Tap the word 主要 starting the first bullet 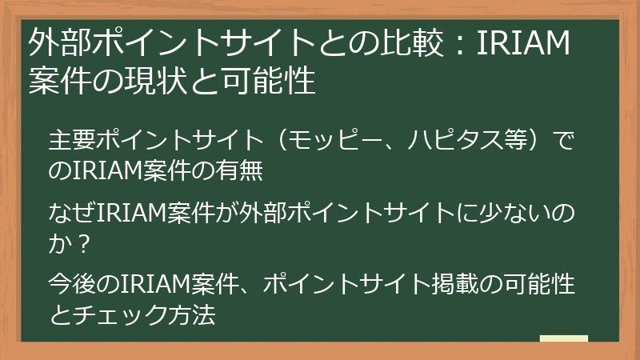click(x=65, y=142)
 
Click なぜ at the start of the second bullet click(x=65, y=214)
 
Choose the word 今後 click(x=65, y=284)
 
